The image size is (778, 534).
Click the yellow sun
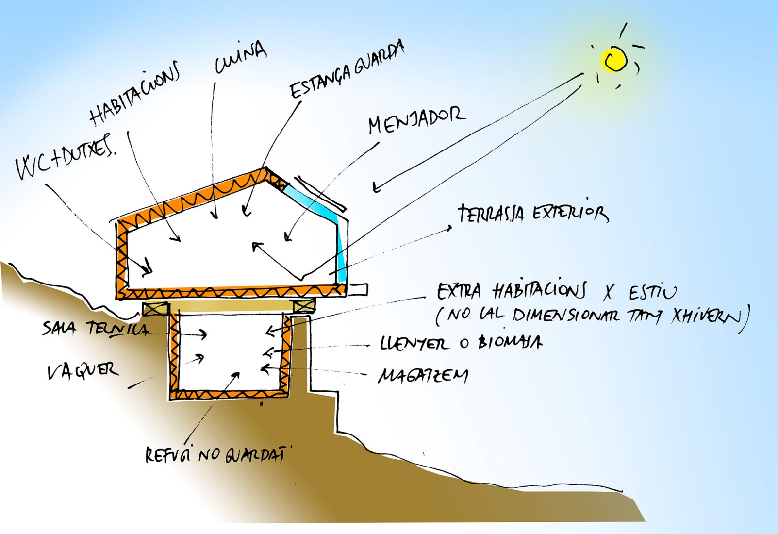click(614, 60)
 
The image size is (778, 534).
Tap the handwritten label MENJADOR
click(416, 119)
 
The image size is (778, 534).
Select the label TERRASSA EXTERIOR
click(532, 214)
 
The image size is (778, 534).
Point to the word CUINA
click(240, 58)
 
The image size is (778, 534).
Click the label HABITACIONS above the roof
click(134, 93)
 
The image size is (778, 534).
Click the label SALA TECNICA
click(96, 329)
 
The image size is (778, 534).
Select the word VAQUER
click(82, 371)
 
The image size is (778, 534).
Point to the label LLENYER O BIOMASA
click(461, 343)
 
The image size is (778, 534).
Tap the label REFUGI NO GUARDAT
click(215, 454)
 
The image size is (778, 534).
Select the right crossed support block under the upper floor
click(304, 306)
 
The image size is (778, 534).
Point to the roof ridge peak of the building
click(265, 169)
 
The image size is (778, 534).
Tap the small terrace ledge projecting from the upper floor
click(358, 289)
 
